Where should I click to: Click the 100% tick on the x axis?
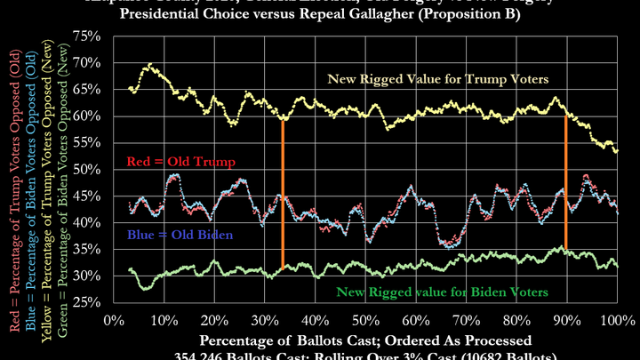coord(616,319)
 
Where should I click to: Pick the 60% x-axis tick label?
coord(413,319)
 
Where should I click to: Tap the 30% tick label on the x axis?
coord(263,319)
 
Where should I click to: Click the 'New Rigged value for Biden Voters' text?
coord(440,291)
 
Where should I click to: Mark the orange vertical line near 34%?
coord(283,191)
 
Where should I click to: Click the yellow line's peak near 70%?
coord(149,65)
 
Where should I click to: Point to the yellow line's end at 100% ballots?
coord(617,151)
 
